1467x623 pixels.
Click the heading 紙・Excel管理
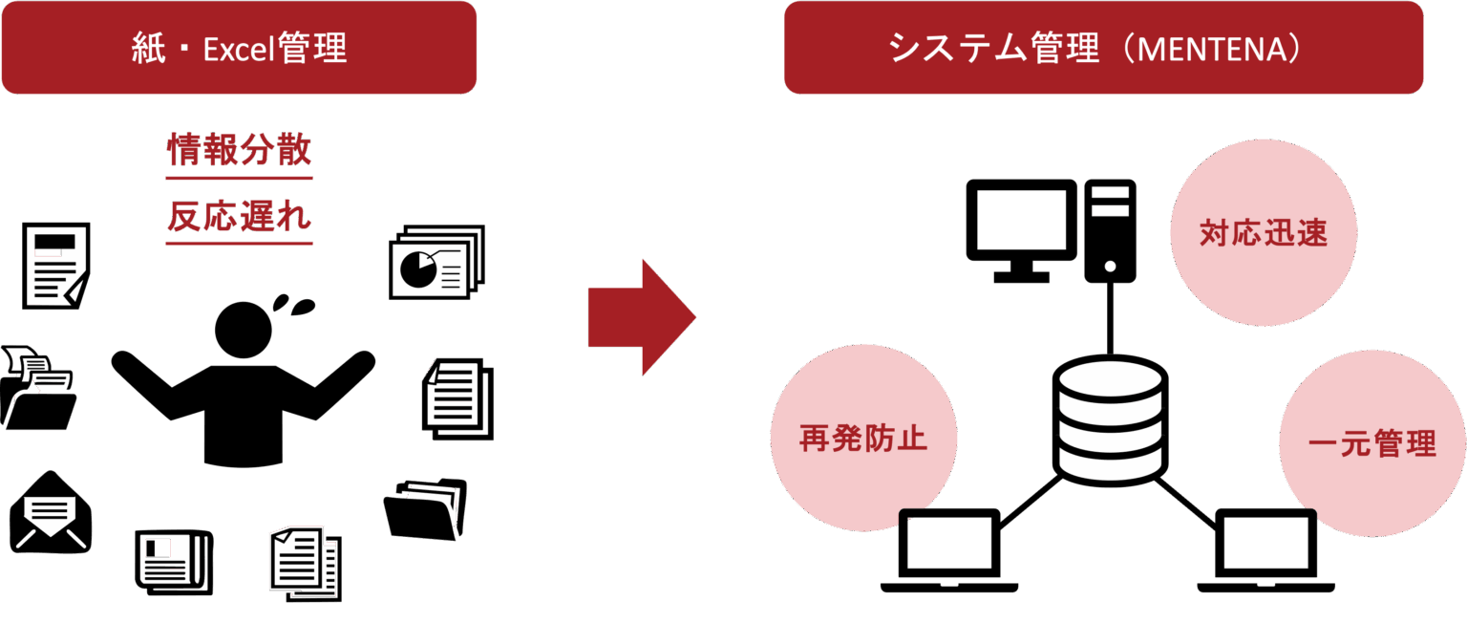[x=239, y=49]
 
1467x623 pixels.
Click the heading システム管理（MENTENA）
[x=1103, y=49]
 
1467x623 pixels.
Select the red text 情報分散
[x=239, y=150]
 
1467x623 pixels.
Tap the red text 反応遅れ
[x=239, y=217]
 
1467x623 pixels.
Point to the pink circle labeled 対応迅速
[x=1263, y=233]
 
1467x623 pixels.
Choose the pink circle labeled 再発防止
[x=863, y=439]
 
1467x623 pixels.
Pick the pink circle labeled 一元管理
[x=1371, y=444]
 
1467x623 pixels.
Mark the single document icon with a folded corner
[x=55, y=266]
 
